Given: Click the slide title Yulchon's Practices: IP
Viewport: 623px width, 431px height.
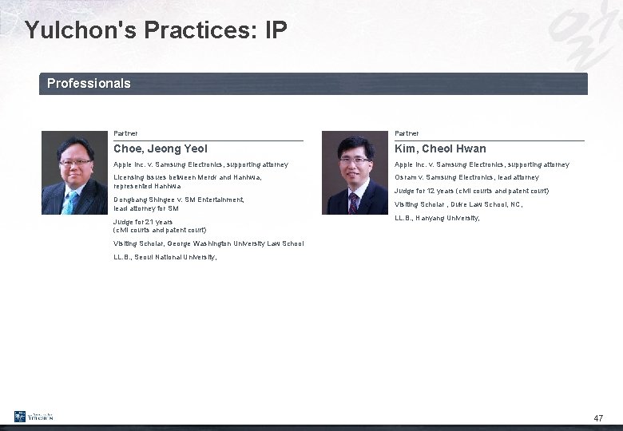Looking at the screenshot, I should [155, 30].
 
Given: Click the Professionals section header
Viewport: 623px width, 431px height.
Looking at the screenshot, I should [89, 83].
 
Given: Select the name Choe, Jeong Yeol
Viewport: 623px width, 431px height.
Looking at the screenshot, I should [161, 148].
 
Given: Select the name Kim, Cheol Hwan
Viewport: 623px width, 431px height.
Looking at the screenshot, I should [440, 148].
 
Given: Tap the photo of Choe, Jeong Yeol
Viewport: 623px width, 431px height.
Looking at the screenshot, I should [74, 173].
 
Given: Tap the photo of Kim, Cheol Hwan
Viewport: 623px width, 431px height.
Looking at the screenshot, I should [354, 173].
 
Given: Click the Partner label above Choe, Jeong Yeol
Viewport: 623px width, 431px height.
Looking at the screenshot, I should [125, 133].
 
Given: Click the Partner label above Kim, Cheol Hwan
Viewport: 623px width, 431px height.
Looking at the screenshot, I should [407, 133].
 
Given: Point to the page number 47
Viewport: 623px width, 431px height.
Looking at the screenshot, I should [598, 418].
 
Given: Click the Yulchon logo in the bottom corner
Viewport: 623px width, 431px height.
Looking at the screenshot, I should [34, 417].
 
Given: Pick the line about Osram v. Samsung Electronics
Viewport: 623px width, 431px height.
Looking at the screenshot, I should [466, 177].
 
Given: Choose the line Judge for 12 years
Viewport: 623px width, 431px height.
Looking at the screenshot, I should [471, 191].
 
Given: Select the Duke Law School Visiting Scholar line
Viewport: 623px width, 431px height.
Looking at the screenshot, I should [458, 204].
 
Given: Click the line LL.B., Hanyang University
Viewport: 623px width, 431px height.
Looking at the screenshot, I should [437, 218].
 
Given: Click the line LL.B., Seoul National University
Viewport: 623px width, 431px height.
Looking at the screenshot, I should [165, 258].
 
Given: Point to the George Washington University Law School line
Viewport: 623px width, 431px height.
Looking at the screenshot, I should [208, 243].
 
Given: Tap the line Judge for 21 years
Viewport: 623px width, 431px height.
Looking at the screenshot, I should [160, 226].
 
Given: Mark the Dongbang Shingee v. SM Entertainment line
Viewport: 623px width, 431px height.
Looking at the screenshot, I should [178, 204].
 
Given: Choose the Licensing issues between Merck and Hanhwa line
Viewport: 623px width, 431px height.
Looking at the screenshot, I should [187, 181].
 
